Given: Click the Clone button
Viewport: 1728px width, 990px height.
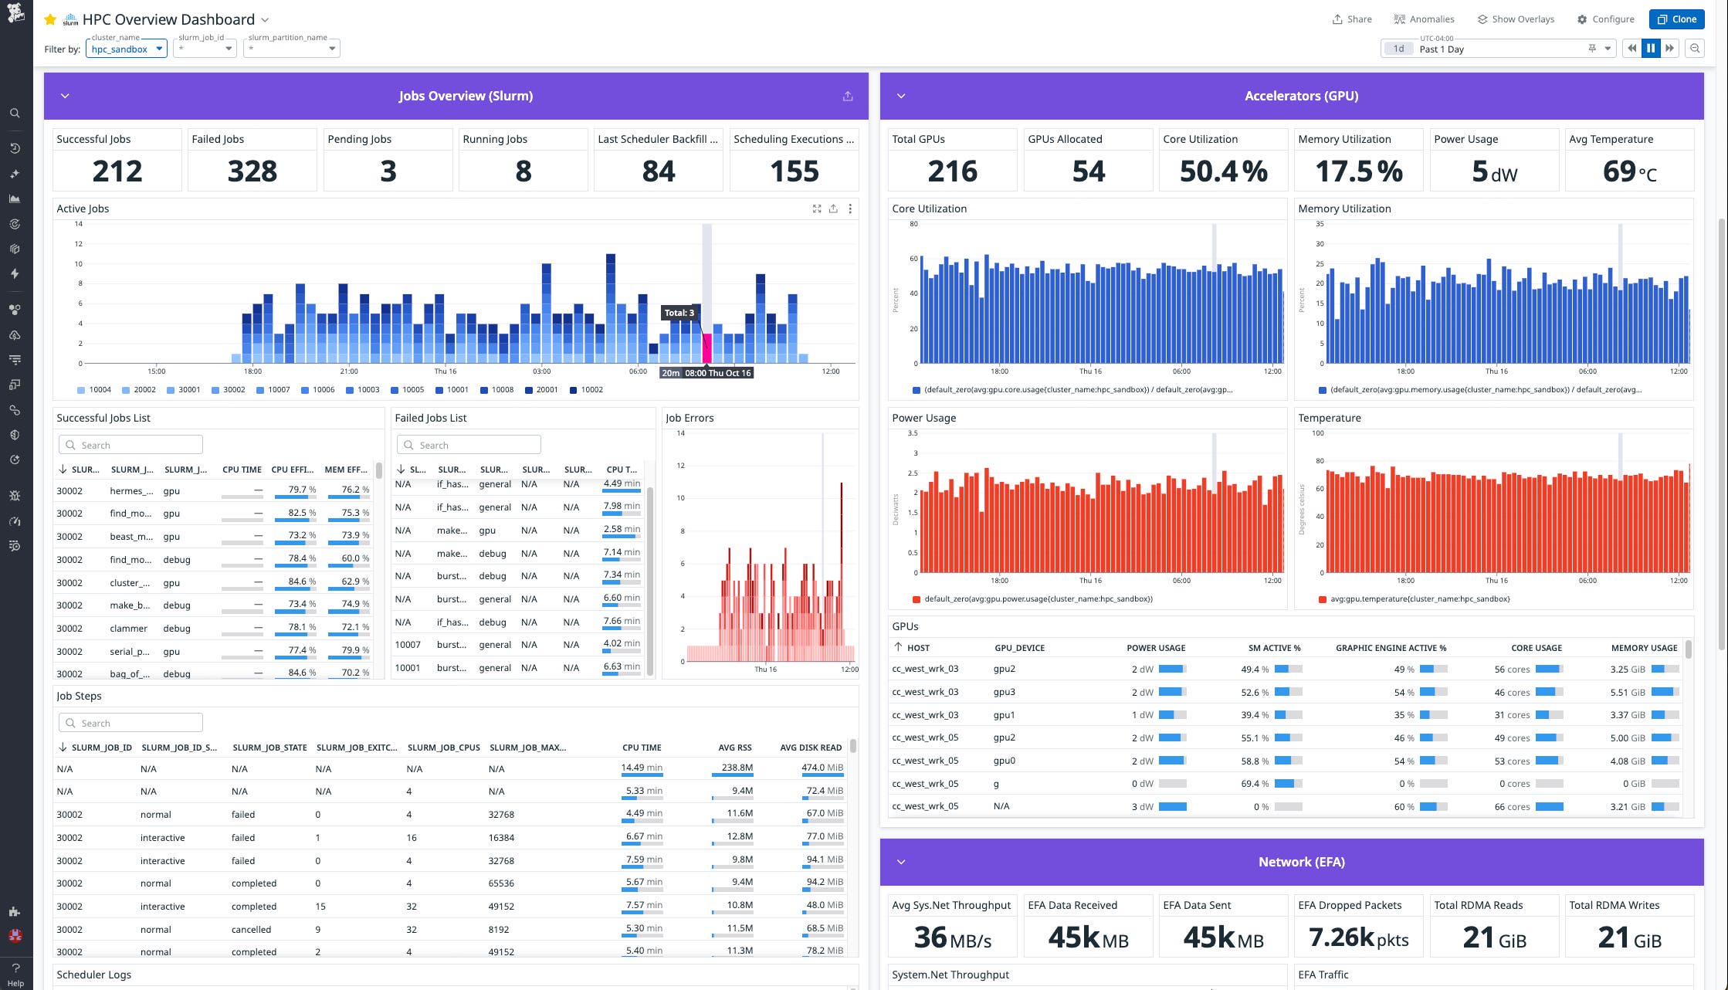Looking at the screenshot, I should (1676, 19).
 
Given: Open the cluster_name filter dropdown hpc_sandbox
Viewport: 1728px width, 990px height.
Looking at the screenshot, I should (127, 49).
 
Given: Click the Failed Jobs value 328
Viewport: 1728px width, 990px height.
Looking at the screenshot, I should (252, 171).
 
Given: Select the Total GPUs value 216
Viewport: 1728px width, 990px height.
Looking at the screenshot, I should (952, 171).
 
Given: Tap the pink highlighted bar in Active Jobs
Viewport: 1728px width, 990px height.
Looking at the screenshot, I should (706, 348).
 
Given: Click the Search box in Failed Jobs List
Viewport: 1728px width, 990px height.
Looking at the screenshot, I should (469, 445).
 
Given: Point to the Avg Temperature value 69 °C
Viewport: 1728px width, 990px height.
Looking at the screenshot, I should (1629, 171).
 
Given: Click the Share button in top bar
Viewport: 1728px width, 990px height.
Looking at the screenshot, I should (1352, 19).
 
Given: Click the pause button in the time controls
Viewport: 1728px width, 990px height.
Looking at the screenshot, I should (1651, 49).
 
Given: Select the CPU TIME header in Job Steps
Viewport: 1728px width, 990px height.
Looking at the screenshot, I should (641, 748).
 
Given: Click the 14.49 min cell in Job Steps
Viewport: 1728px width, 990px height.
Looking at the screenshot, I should (642, 768).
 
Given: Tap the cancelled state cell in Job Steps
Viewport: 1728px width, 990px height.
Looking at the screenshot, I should (251, 929).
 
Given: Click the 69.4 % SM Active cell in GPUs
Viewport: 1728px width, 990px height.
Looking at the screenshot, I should (1255, 784).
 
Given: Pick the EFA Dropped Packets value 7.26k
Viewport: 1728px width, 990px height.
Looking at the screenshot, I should (1358, 937).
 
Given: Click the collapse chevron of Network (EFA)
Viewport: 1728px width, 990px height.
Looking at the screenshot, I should (901, 862).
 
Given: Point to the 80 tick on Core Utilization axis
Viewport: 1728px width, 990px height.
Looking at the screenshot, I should (913, 224).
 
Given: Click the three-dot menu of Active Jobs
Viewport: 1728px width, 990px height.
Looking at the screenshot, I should (850, 209).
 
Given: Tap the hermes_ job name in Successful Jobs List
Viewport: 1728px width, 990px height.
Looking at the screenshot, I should (131, 490).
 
